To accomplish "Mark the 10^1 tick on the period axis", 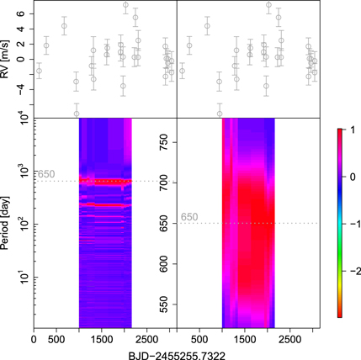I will [19, 276].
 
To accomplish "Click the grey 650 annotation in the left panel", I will [46, 174].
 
